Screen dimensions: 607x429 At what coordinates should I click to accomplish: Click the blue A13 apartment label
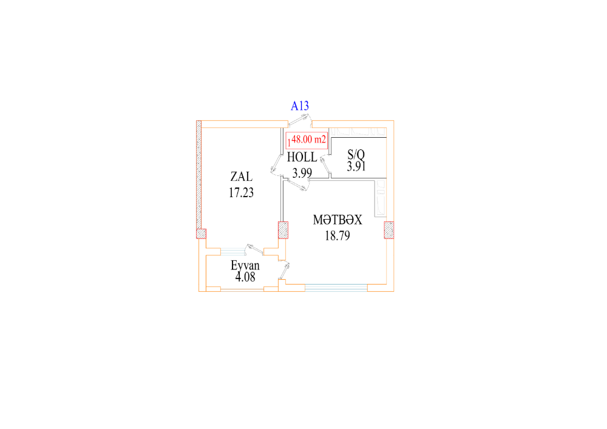coord(300,106)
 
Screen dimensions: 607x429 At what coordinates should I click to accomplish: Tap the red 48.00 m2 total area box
coord(307,140)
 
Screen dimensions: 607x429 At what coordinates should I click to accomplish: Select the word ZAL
coord(241,177)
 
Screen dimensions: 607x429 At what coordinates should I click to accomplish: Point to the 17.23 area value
coord(241,192)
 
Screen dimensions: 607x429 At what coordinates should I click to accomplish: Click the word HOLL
coord(302,157)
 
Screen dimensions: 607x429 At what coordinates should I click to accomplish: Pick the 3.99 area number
coord(302,173)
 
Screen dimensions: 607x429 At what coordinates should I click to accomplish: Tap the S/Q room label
coord(356,154)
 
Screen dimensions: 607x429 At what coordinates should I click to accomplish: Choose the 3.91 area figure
coord(356,166)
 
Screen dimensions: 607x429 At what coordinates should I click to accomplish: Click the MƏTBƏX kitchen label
coord(337,220)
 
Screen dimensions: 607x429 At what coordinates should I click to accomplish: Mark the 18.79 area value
coord(337,235)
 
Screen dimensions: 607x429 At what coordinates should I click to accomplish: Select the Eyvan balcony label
coord(245,265)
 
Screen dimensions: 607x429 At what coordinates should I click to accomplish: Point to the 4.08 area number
coord(245,277)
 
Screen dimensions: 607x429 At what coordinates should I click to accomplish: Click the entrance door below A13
coord(300,121)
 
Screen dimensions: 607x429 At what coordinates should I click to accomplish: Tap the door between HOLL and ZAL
coord(276,166)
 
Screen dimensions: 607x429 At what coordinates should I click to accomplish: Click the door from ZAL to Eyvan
coord(254,249)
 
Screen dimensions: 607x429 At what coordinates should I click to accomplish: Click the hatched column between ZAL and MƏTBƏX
coord(283,230)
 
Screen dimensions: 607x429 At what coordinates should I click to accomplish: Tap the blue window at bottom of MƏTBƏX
coord(336,288)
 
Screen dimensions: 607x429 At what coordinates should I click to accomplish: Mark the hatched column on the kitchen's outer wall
coord(389,230)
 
